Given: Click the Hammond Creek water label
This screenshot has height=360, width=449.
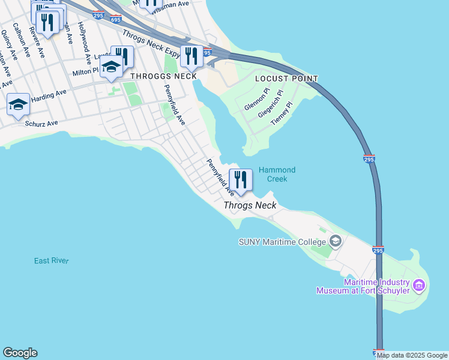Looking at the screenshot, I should (277, 175).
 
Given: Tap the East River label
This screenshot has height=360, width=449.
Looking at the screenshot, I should (51, 260).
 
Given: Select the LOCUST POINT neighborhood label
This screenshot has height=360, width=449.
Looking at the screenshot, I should (286, 79).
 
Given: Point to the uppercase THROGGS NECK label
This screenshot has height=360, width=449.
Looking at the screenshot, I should (163, 76).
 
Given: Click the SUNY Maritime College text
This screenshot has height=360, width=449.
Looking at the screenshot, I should (282, 242).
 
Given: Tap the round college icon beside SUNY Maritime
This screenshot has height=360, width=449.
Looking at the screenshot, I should (336, 242).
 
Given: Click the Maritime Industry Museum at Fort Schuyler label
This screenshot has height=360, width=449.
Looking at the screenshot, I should (363, 286).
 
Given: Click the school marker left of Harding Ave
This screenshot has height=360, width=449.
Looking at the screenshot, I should (19, 105).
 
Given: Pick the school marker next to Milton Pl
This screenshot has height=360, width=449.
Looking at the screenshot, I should (111, 67).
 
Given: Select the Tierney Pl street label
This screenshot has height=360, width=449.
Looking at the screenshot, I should (281, 113).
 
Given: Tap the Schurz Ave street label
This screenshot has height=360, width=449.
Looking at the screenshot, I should (41, 123).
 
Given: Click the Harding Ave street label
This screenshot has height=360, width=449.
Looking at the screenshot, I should (49, 94).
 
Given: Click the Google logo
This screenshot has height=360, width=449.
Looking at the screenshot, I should (20, 353).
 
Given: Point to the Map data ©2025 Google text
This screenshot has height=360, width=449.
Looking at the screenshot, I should (412, 355).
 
